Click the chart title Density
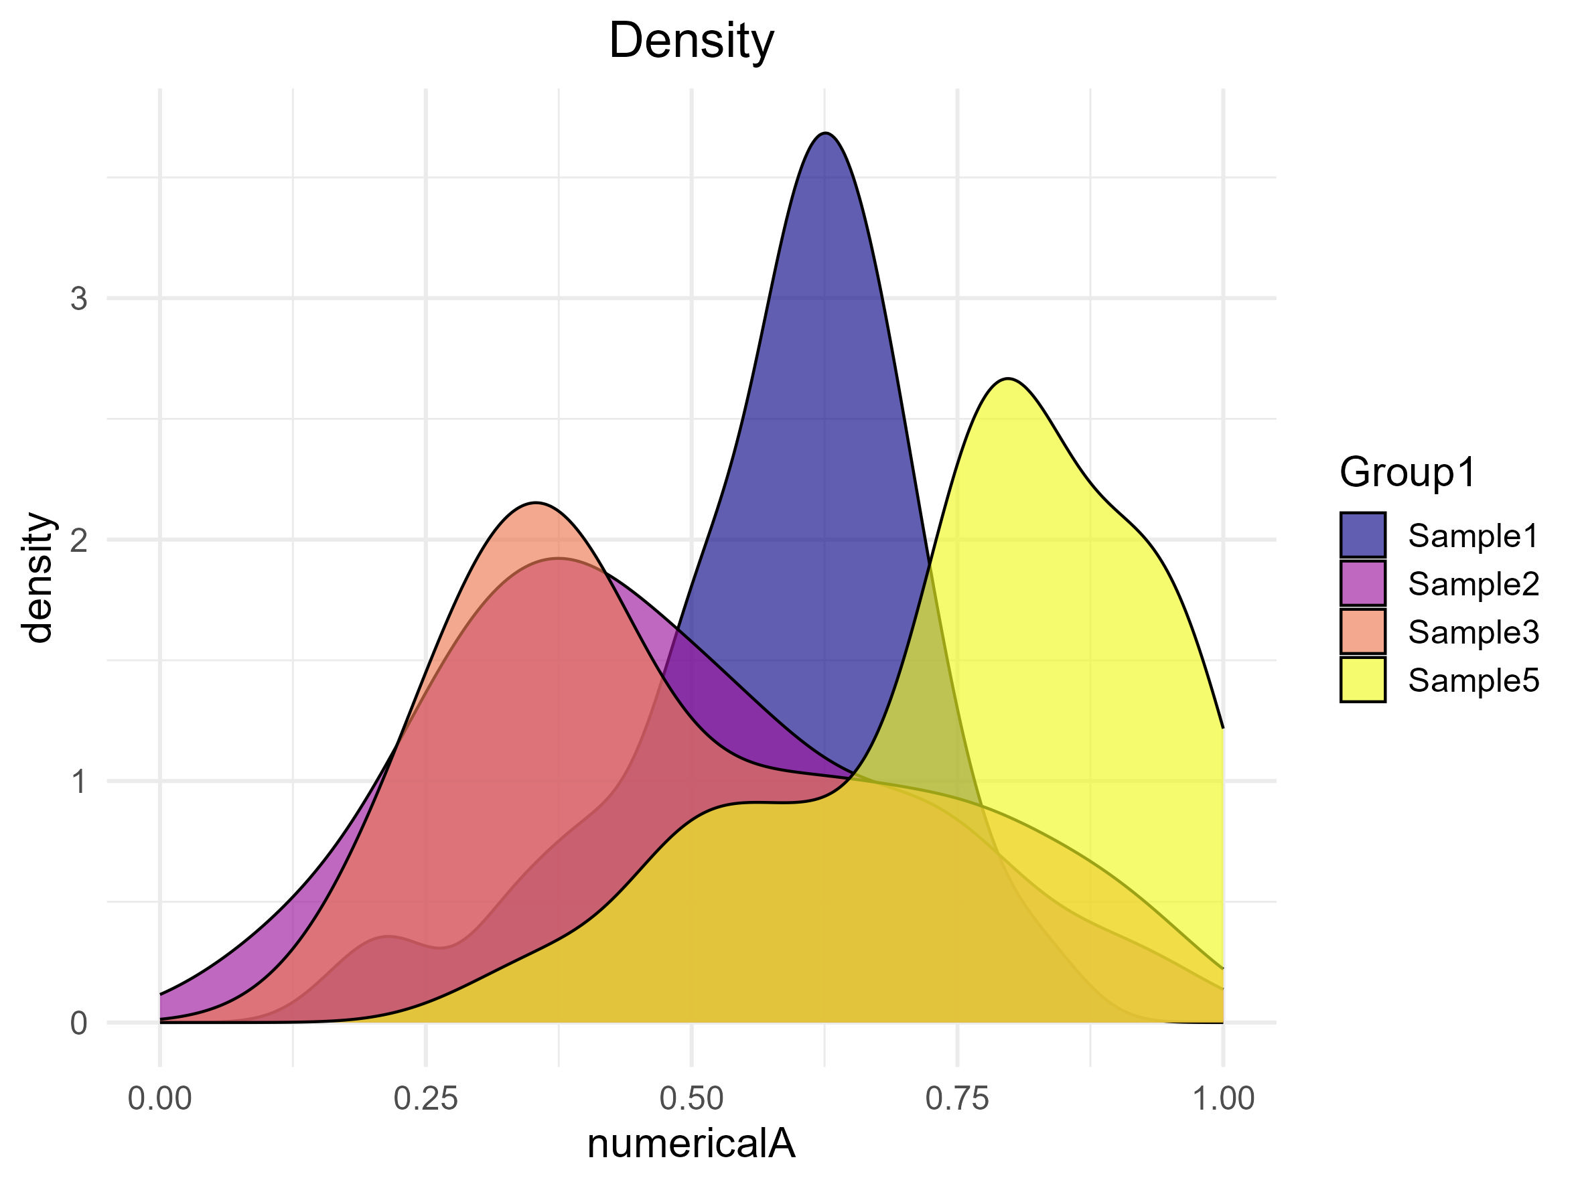[x=691, y=41]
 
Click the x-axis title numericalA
[x=691, y=1143]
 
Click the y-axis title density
[x=38, y=578]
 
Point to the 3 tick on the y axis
[x=78, y=299]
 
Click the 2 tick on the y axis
[x=78, y=540]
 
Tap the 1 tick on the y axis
[x=78, y=782]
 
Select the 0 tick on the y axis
[x=78, y=1024]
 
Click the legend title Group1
[x=1407, y=473]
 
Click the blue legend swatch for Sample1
[x=1362, y=534]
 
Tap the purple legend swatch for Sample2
[x=1362, y=583]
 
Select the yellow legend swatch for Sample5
[x=1362, y=680]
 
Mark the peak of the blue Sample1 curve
[x=825, y=133]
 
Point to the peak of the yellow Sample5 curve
[x=1008, y=378]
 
